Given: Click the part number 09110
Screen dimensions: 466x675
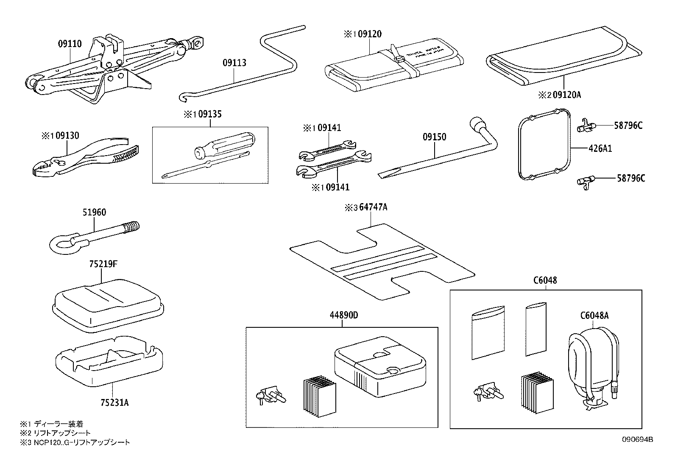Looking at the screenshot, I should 70,43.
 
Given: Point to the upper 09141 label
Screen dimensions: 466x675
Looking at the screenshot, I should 326,128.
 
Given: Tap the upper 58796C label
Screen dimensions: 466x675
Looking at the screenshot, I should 628,126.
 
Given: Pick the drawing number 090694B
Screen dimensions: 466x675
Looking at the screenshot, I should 638,440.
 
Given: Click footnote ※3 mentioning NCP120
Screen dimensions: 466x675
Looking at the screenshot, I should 75,443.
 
